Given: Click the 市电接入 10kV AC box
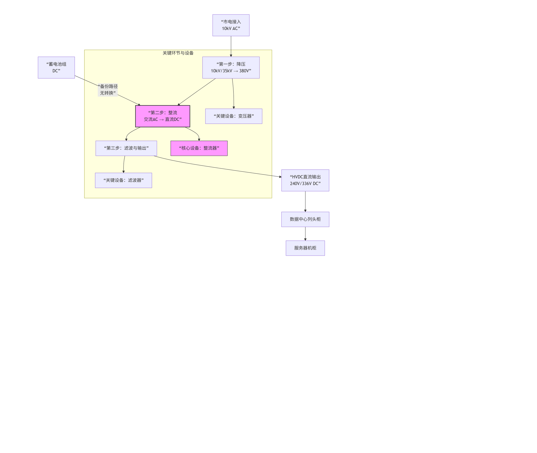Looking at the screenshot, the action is tap(231, 25).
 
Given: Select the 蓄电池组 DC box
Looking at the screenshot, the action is tap(56, 67).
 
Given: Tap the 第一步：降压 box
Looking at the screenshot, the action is tap(231, 67).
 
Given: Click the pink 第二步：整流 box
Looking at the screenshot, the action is tap(163, 116).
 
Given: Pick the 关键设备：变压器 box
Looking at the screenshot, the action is tap(233, 116).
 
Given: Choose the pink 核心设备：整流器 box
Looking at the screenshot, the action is tap(199, 148).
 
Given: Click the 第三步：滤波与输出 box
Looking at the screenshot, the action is tap(126, 148).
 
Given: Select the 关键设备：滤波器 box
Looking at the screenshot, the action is tap(124, 180).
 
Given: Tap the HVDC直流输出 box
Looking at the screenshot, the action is tap(305, 180).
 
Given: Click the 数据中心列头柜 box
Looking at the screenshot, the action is tap(305, 219).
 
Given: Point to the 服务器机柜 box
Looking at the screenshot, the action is tap(305, 248).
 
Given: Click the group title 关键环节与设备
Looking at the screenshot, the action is tap(178, 53).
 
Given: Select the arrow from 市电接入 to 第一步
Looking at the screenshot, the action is tap(231, 46).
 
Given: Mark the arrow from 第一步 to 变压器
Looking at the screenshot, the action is tap(233, 94).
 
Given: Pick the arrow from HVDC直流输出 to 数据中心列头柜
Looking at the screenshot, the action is tap(305, 202).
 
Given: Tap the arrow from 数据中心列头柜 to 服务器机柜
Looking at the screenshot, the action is tap(305, 234).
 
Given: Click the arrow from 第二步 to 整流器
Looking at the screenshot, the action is tap(195, 132).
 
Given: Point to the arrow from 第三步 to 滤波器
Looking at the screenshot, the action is tap(124, 164).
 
